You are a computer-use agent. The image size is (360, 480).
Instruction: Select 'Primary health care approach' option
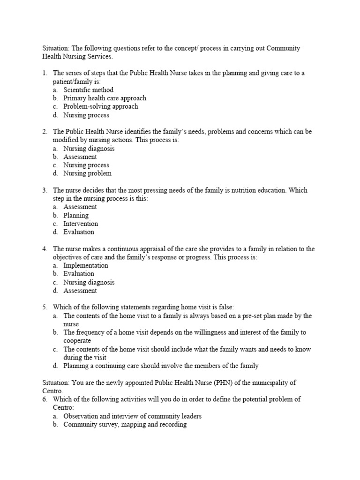[105, 98]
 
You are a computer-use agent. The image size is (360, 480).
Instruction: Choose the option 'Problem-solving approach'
[101, 106]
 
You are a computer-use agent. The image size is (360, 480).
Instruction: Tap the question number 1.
[45, 73]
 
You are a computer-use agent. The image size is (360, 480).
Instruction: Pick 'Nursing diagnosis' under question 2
[89, 148]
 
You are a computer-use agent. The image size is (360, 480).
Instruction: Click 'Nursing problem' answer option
[88, 173]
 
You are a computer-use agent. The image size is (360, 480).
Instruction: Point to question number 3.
[45, 190]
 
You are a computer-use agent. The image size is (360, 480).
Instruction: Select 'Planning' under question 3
[76, 215]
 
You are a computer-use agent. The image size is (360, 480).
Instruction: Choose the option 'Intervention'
[81, 224]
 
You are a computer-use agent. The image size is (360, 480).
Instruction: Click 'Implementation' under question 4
[86, 265]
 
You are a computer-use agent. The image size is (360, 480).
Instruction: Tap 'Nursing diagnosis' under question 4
[89, 282]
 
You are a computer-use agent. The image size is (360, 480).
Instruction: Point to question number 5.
[45, 307]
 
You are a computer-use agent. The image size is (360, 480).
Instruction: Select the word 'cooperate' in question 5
[77, 341]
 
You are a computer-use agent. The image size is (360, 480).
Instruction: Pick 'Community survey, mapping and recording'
[125, 425]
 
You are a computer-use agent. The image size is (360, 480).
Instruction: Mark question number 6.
[45, 399]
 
